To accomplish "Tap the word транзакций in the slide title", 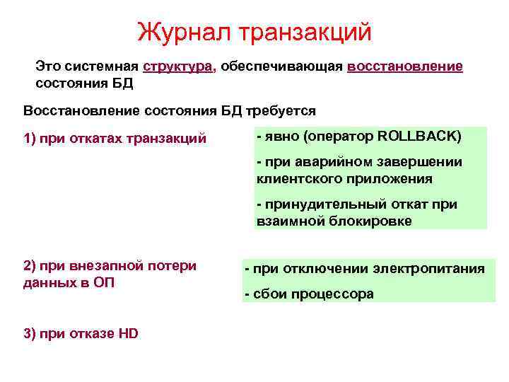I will coord(306,31).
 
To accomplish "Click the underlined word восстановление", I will coord(405,67).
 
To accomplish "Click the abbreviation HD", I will coord(128,334).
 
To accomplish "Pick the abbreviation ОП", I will coord(105,282).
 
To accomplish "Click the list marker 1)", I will coord(30,137).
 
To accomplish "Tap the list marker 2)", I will coord(30,266).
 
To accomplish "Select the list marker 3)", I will coord(30,334).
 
